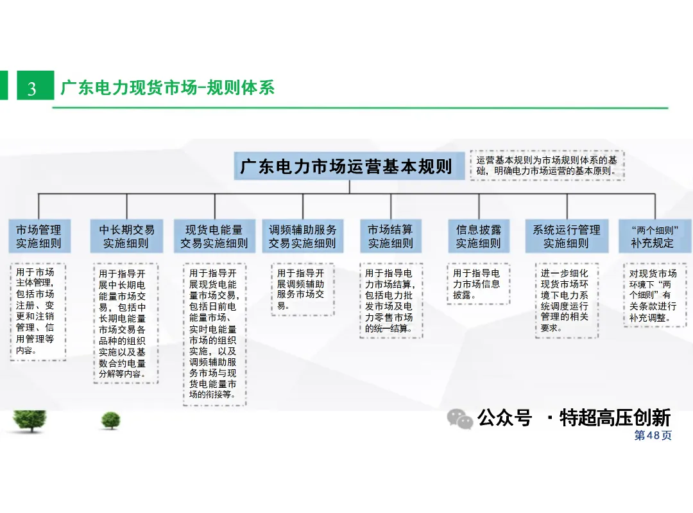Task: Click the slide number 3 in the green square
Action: tap(32, 89)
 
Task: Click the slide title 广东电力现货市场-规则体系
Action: tap(167, 87)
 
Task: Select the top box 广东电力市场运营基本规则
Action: tap(349, 166)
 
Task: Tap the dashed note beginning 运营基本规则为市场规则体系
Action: tap(547, 166)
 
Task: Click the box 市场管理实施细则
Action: tap(39, 236)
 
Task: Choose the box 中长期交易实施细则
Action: tap(126, 236)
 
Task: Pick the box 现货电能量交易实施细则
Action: tap(214, 236)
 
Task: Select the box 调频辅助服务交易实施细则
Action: tap(303, 236)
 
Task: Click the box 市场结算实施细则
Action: tap(391, 236)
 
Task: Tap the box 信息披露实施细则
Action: tap(479, 236)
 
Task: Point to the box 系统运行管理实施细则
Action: tap(567, 236)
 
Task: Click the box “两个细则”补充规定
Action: tap(654, 236)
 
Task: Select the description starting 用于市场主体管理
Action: tap(38, 312)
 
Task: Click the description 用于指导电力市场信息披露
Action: tap(479, 284)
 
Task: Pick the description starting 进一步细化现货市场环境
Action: tap(567, 300)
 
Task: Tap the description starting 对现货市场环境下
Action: tap(655, 295)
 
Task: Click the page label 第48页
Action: tap(653, 435)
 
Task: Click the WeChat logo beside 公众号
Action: tap(459, 419)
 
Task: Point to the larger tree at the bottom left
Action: tap(30, 421)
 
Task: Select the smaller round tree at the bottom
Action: tap(110, 420)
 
